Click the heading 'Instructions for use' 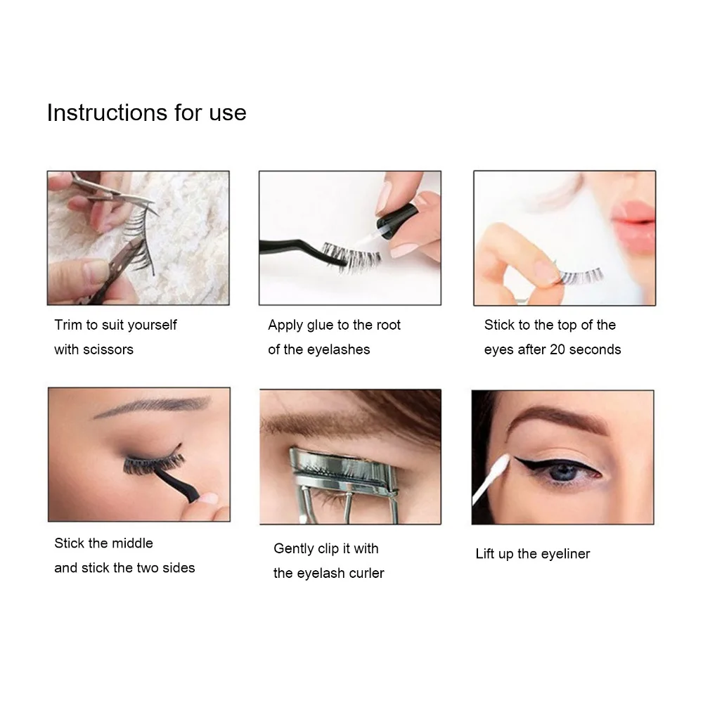coord(146,112)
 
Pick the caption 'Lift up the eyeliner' coord(532,554)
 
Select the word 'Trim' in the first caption coord(68,325)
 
